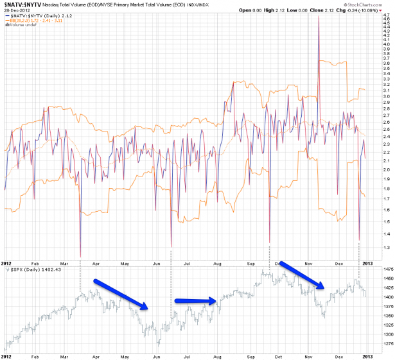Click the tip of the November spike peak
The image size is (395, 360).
pyautogui.click(x=319, y=15)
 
